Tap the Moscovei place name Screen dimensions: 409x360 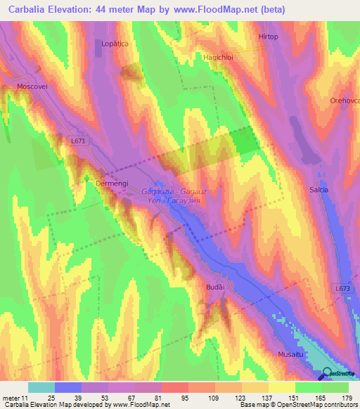32,86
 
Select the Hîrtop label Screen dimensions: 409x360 268,36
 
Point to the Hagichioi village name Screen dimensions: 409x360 217,57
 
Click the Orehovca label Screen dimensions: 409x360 344,100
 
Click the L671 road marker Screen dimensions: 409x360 79,141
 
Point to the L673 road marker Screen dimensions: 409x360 342,288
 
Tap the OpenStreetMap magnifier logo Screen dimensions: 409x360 328,373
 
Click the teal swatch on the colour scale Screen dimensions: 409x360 41,387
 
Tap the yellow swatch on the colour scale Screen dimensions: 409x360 282,387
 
